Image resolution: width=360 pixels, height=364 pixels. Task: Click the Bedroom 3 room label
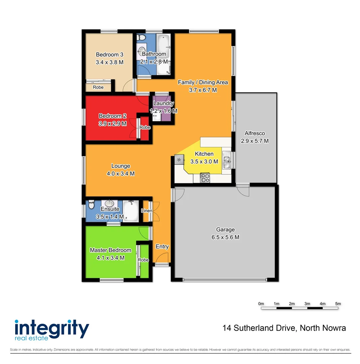(109, 55)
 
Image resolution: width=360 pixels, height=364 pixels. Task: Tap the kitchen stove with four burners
(205, 178)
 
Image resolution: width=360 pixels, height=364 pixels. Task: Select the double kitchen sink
(227, 160)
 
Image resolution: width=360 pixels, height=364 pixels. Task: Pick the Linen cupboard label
(146, 211)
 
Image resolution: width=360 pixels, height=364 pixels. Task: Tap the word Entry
(162, 247)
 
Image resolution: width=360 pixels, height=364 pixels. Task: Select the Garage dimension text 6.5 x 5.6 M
(225, 237)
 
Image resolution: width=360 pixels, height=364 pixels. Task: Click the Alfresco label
(255, 133)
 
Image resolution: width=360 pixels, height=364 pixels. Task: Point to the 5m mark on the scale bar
(338, 304)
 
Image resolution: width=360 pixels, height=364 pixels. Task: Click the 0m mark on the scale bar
(261, 304)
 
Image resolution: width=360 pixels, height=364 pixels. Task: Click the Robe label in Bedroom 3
(98, 87)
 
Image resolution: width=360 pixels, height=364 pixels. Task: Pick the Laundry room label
(163, 103)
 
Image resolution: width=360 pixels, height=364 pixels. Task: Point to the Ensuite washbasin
(109, 203)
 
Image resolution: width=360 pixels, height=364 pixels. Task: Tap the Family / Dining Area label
(203, 82)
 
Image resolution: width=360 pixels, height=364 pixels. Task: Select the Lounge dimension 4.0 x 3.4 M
(121, 174)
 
